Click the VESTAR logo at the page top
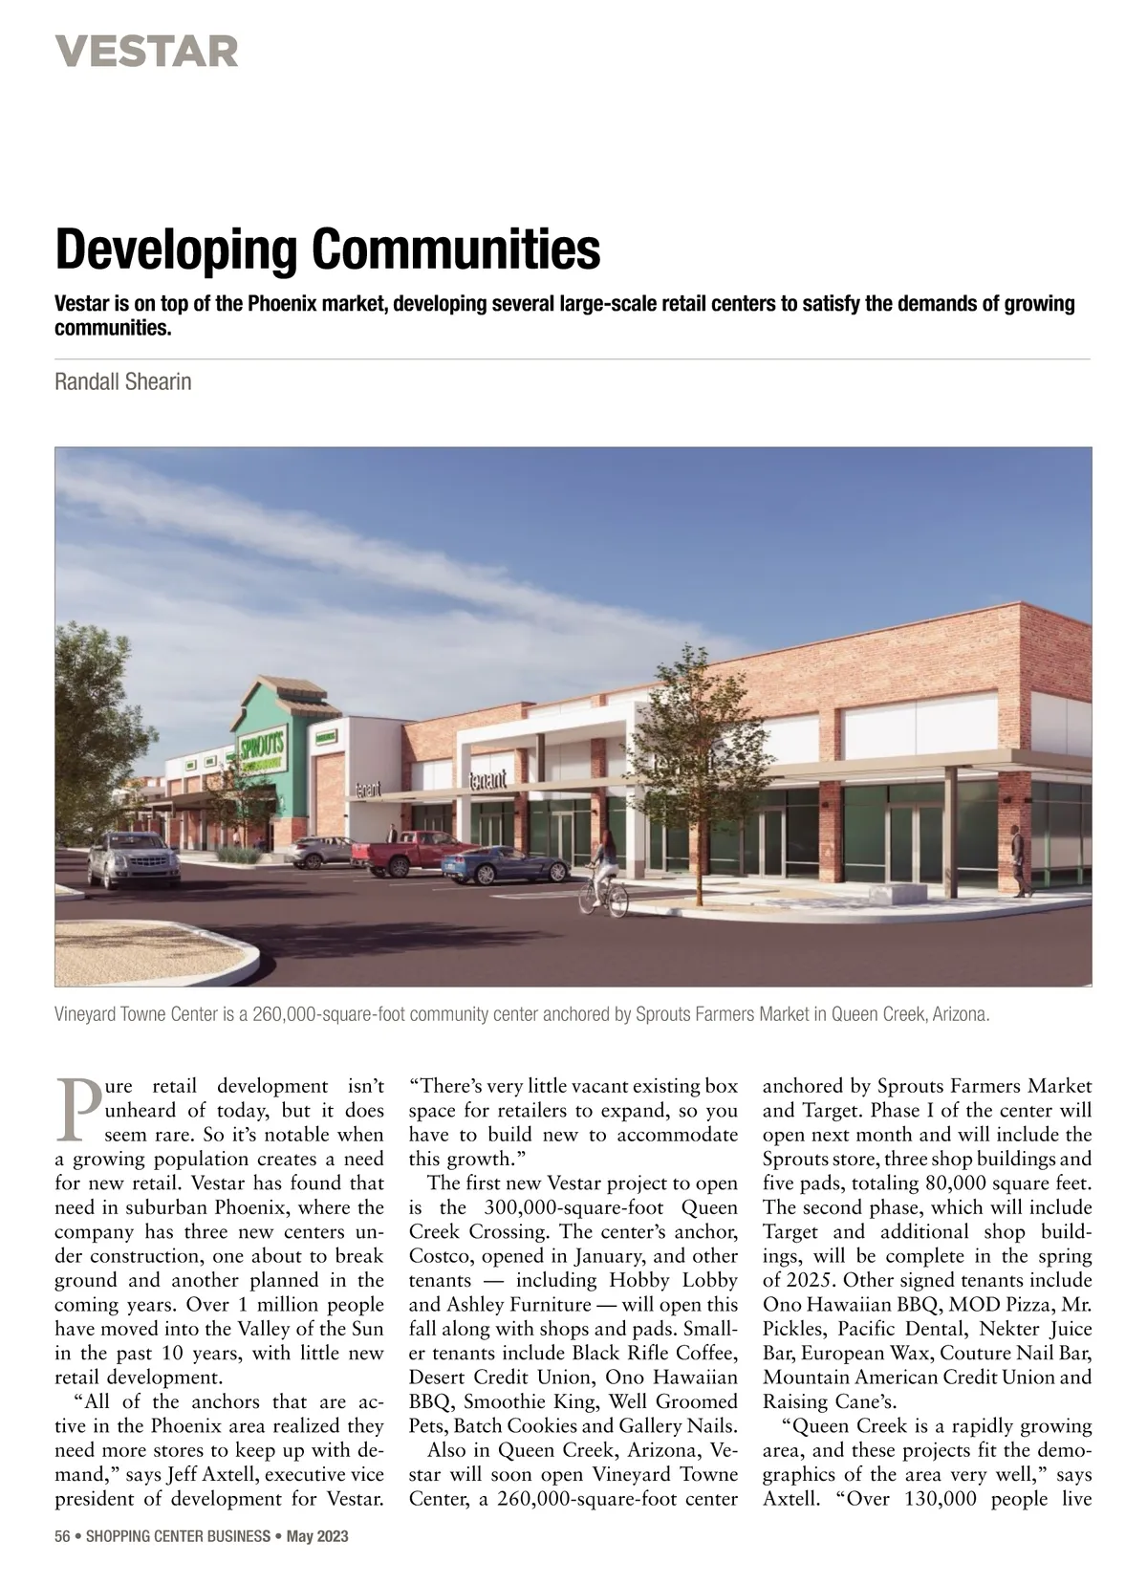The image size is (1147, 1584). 146,51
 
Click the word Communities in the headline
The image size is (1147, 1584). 456,249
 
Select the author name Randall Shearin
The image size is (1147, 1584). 123,382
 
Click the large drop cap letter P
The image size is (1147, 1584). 76,1111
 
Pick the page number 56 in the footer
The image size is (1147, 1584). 63,1537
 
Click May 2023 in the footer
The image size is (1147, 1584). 318,1537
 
